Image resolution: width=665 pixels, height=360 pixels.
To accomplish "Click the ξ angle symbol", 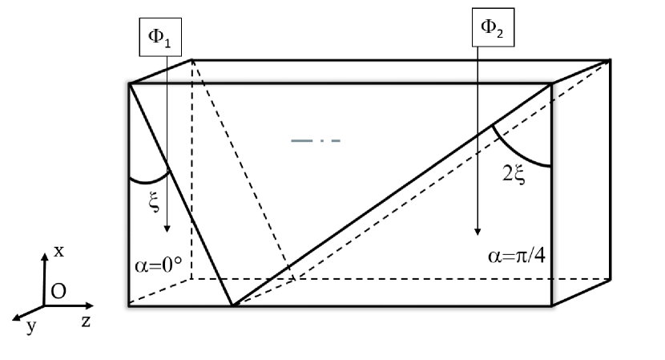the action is click(x=155, y=204).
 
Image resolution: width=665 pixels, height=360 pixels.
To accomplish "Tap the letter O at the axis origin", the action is click(x=58, y=292).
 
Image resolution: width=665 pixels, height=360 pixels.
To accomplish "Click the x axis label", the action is click(x=58, y=251).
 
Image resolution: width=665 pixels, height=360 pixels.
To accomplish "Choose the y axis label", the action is click(x=31, y=327).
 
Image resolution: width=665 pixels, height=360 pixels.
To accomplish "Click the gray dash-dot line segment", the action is click(x=316, y=140).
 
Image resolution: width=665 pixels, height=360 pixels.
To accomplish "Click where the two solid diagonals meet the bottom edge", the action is click(x=232, y=305).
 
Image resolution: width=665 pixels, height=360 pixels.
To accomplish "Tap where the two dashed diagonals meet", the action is click(x=296, y=279).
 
